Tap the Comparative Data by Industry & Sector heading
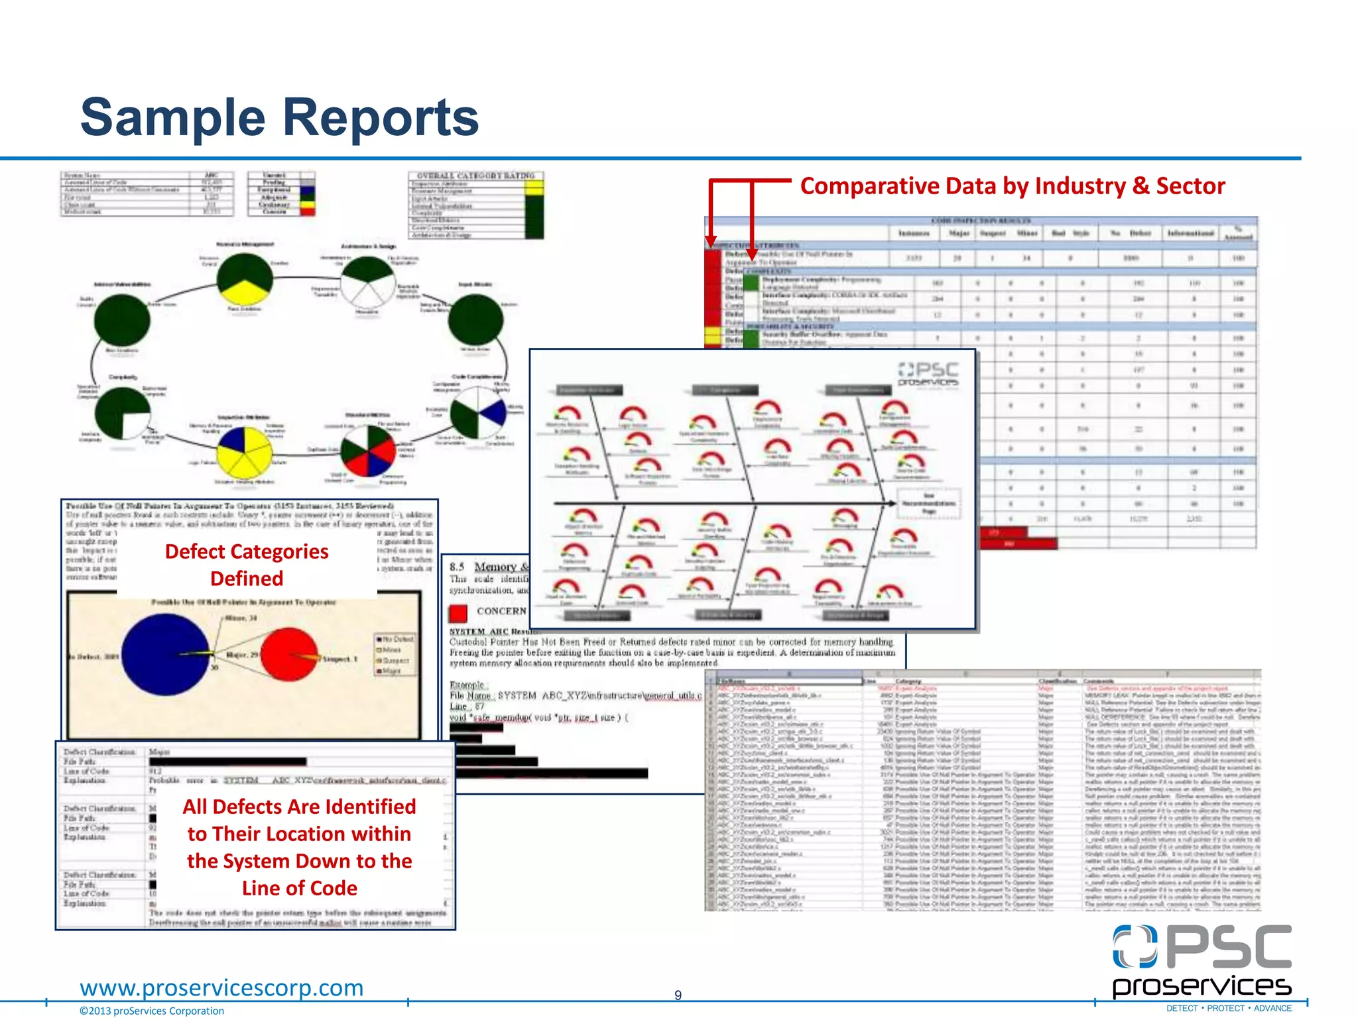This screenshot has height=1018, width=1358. [1012, 186]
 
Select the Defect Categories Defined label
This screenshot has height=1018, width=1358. [247, 565]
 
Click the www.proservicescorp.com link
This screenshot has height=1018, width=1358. [221, 988]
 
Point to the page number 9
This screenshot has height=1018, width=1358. [678, 995]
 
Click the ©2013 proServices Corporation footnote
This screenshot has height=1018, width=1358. [152, 1011]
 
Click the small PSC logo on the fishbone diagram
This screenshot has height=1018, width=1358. [928, 374]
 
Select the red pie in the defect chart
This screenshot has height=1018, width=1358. [288, 654]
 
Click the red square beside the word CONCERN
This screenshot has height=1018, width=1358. [458, 612]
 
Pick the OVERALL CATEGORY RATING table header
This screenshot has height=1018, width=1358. [476, 176]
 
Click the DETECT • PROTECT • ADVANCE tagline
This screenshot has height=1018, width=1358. [1229, 1009]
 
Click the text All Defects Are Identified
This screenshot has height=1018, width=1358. [299, 807]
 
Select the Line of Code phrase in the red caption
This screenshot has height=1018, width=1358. [299, 888]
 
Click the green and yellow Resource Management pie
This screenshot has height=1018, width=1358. [245, 281]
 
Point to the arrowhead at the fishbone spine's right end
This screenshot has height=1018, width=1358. [891, 504]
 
